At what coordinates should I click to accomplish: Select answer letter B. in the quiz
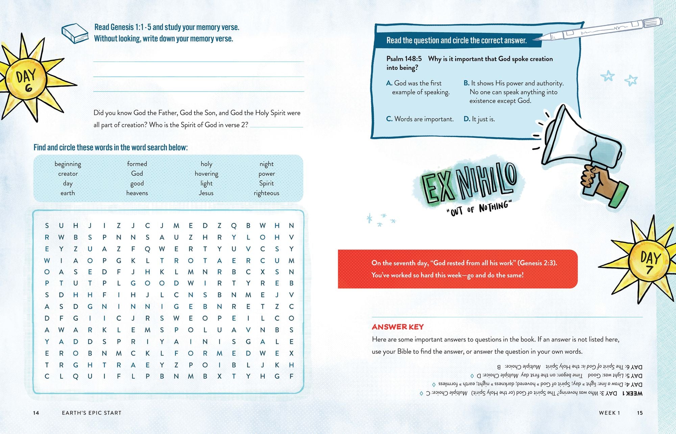click(x=466, y=83)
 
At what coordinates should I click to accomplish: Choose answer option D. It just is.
click(x=479, y=119)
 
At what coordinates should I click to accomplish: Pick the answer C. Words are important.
click(x=420, y=119)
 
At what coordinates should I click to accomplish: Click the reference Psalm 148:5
click(x=404, y=59)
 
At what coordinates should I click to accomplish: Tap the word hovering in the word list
click(x=207, y=174)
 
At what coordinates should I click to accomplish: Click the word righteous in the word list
click(x=266, y=193)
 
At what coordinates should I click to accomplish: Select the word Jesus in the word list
click(x=206, y=193)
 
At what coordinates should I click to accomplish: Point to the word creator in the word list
click(x=68, y=174)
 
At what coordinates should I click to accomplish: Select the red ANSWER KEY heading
click(x=397, y=327)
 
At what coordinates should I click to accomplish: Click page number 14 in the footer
click(x=36, y=413)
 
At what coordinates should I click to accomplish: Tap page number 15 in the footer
click(x=639, y=413)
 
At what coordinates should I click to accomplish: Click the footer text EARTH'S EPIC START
click(x=92, y=413)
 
